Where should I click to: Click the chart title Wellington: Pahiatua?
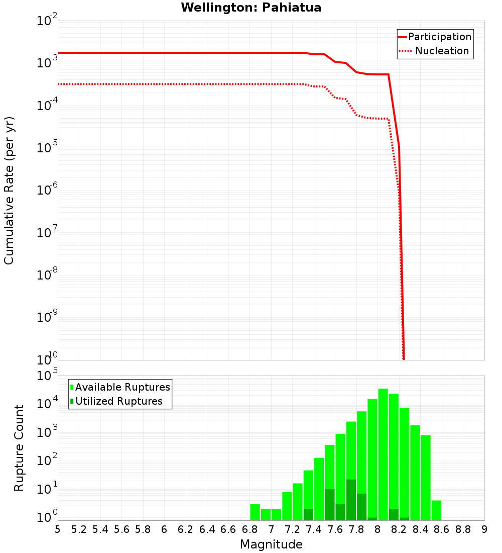251,8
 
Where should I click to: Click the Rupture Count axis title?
19,448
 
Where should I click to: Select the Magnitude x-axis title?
271,544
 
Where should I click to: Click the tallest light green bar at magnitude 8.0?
383,452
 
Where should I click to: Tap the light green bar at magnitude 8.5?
426,478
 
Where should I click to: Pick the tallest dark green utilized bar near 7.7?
351,500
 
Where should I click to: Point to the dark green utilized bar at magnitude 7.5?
330,505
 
